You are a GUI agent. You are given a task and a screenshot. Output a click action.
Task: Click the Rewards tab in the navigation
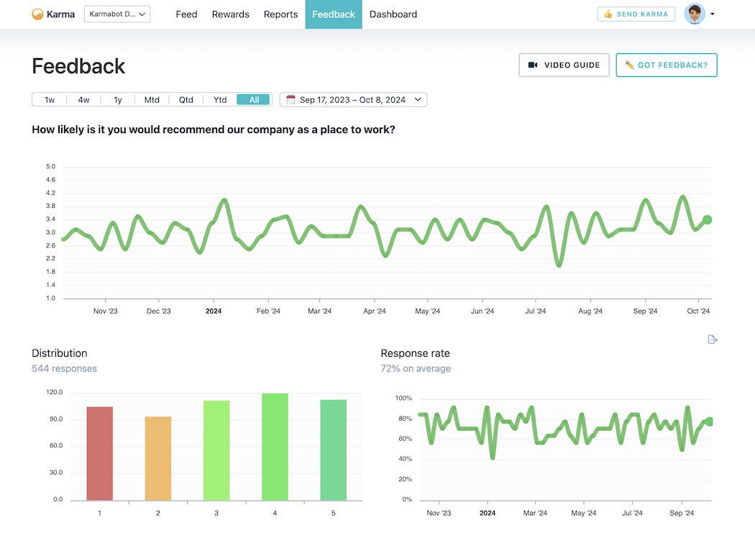pyautogui.click(x=230, y=14)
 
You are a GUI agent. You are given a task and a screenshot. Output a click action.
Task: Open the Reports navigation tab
pyautogui.click(x=280, y=14)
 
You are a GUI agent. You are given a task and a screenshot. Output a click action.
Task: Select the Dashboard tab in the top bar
pyautogui.click(x=393, y=14)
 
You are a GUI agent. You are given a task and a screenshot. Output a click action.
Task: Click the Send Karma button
pyautogui.click(x=636, y=14)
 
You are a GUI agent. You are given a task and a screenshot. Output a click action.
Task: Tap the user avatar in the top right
pyautogui.click(x=695, y=14)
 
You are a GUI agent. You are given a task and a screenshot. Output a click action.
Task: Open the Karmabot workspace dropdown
pyautogui.click(x=117, y=14)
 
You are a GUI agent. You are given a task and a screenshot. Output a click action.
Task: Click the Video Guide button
pyautogui.click(x=564, y=65)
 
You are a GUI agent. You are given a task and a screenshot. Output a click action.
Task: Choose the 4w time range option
pyautogui.click(x=84, y=100)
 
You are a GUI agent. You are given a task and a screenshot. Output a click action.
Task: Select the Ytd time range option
pyautogui.click(x=220, y=100)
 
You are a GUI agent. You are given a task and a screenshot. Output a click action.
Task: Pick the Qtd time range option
pyautogui.click(x=186, y=100)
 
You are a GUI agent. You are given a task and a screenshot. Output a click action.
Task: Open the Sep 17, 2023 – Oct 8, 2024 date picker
pyautogui.click(x=353, y=100)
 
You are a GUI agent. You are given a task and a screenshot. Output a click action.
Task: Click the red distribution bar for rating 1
pyautogui.click(x=99, y=453)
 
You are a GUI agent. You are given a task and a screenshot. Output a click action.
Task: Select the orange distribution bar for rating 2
pyautogui.click(x=158, y=458)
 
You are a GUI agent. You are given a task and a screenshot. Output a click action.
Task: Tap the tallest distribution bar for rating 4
pyautogui.click(x=275, y=447)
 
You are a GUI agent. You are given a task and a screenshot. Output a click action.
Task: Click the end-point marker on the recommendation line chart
pyautogui.click(x=707, y=220)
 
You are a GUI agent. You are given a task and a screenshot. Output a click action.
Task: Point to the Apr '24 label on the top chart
pyautogui.click(x=374, y=311)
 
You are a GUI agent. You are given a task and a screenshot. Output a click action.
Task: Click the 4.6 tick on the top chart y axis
pyautogui.click(x=51, y=181)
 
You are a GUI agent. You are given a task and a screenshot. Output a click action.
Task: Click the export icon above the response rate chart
pyautogui.click(x=713, y=339)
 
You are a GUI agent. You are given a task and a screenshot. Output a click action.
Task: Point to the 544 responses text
pyautogui.click(x=64, y=368)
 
